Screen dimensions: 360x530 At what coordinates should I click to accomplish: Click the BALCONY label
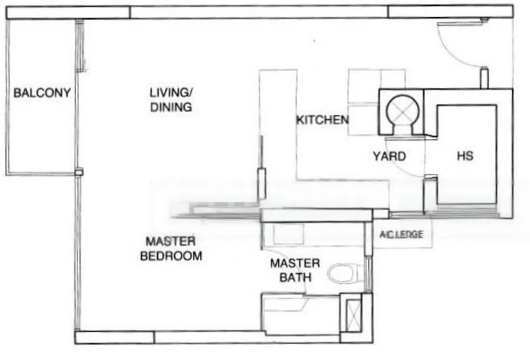click(42, 92)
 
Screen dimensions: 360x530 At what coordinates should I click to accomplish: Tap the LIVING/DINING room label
click(171, 100)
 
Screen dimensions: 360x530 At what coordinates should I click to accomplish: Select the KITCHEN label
click(322, 120)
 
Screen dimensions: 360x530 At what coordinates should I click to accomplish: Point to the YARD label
click(389, 156)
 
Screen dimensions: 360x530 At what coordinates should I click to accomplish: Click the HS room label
click(466, 156)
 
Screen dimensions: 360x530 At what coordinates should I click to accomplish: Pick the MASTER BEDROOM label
click(171, 248)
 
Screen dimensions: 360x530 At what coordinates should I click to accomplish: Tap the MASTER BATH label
click(295, 270)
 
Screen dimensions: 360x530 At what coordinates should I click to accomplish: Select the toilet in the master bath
click(345, 272)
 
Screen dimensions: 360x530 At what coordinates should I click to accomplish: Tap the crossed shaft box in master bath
click(352, 312)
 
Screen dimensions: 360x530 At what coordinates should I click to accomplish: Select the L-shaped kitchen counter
click(278, 133)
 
